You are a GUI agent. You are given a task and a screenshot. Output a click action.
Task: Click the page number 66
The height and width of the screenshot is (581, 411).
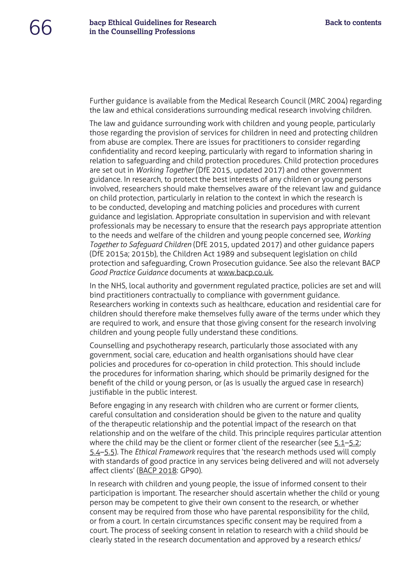click(x=41, y=27)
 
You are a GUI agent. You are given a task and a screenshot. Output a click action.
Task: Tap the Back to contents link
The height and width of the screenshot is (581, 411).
click(x=353, y=22)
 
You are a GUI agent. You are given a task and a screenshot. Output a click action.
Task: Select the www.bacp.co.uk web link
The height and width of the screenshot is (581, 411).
click(x=245, y=272)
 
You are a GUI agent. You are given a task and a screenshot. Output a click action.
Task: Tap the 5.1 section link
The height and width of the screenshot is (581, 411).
click(x=339, y=443)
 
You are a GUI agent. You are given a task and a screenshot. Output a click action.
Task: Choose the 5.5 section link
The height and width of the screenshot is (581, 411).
click(x=109, y=452)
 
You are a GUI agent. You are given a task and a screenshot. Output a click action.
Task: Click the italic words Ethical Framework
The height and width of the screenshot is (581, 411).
click(x=165, y=452)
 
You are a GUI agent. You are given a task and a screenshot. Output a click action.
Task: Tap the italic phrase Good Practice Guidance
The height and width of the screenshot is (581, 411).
click(x=129, y=272)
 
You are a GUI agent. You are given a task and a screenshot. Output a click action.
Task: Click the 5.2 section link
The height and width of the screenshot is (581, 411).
click(x=354, y=443)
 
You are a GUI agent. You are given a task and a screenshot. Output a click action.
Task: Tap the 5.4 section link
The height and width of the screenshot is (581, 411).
click(x=95, y=452)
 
